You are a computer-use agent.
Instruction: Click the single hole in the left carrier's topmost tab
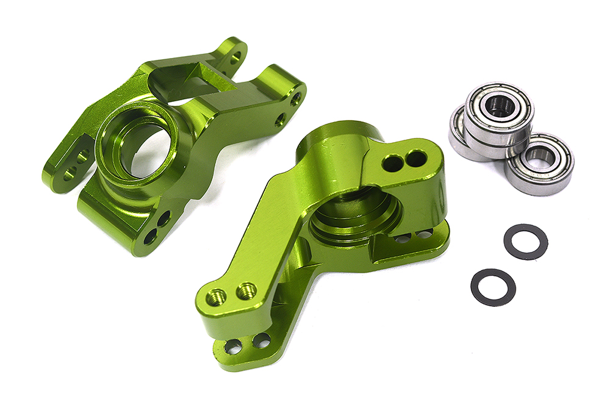click(x=235, y=57)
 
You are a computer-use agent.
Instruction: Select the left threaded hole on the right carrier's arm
click(x=217, y=297)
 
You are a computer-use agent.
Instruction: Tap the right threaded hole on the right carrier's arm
click(x=246, y=290)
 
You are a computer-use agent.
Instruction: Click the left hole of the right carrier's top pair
click(x=393, y=163)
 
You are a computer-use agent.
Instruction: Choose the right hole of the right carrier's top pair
click(x=417, y=159)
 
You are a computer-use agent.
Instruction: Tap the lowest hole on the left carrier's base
click(x=149, y=236)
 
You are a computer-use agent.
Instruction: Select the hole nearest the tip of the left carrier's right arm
click(x=296, y=99)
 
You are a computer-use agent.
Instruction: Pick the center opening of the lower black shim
click(x=493, y=287)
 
